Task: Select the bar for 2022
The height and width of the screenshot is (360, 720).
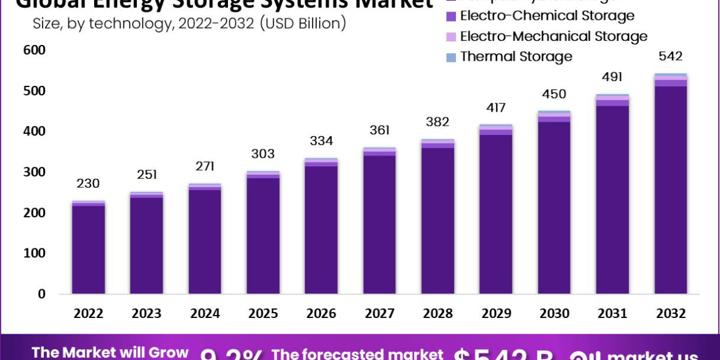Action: coord(88,249)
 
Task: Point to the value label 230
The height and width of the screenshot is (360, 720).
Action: coord(88,183)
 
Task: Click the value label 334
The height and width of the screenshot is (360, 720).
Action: coord(322,141)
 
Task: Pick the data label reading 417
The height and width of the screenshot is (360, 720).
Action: coord(496,108)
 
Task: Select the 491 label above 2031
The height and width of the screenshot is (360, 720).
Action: coord(613,77)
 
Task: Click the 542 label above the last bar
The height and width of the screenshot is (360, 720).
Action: coord(671,56)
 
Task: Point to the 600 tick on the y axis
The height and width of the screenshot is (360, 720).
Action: coord(35,50)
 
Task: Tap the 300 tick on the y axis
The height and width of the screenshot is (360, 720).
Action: coord(35,172)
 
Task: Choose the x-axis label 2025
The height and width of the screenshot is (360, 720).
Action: coord(263,314)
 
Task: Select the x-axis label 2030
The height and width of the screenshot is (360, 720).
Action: coord(554,314)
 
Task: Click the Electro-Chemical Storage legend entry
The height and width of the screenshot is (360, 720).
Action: coord(547,16)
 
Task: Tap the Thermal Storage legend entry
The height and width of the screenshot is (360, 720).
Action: coord(516,56)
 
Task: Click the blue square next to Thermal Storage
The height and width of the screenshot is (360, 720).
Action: coord(451,57)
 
